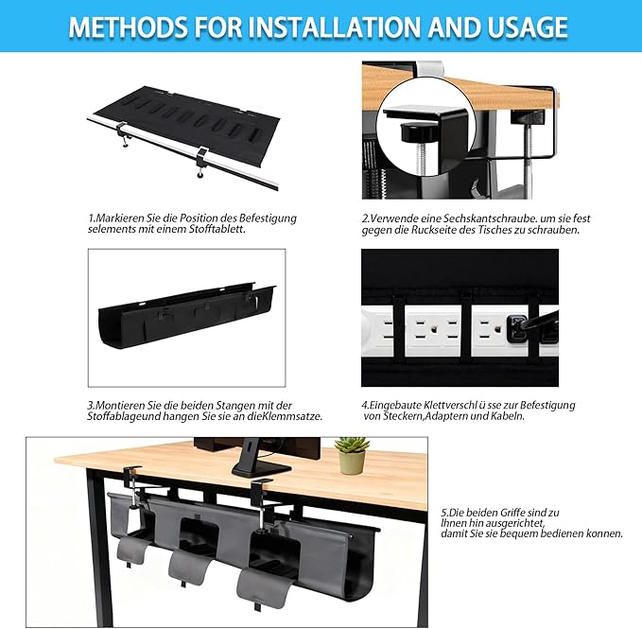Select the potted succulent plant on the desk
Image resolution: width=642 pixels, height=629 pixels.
point(352,456)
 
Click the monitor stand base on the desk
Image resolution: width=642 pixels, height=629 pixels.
point(260,466)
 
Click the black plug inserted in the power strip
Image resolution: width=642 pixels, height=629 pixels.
point(520,328)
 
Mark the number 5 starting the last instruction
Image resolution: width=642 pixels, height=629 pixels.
point(443,511)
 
